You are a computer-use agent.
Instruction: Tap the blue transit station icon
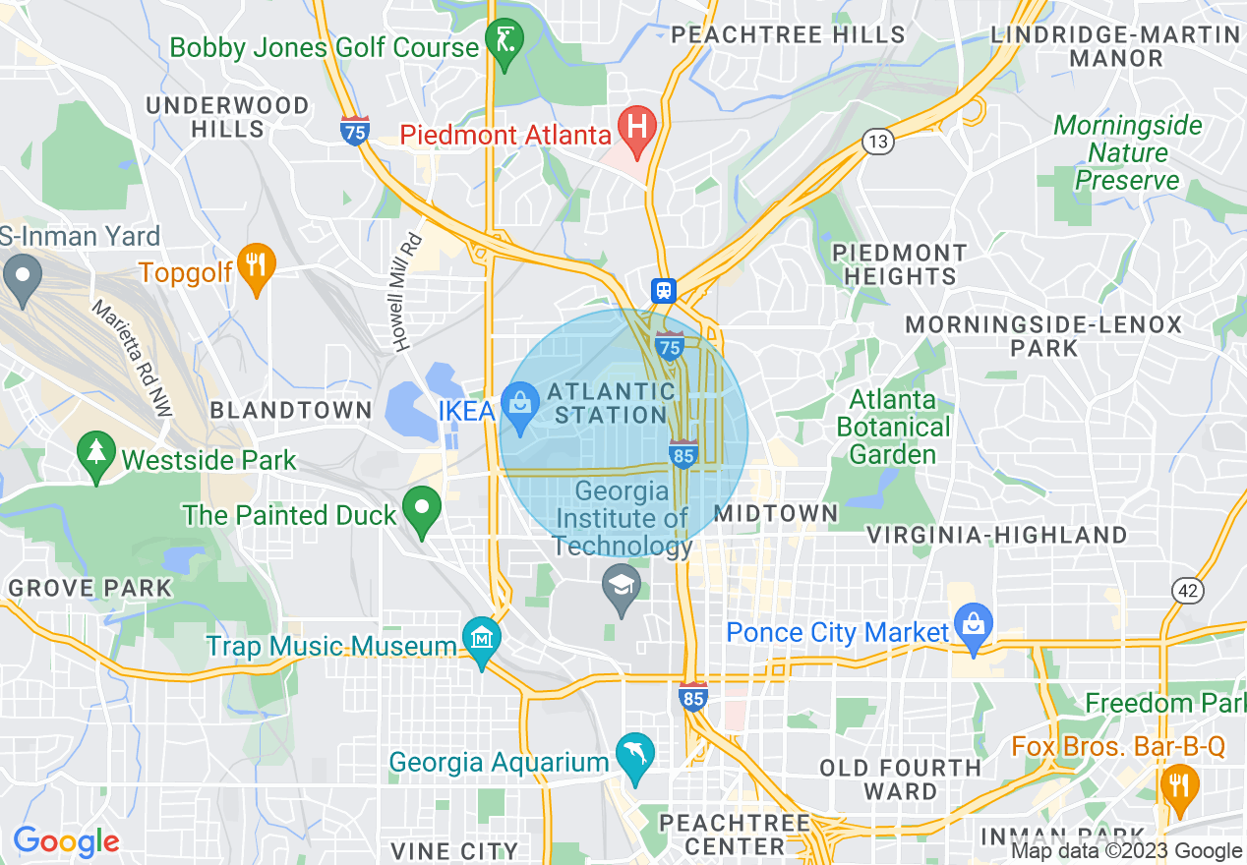click(x=664, y=290)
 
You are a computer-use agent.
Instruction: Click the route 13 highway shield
click(x=878, y=142)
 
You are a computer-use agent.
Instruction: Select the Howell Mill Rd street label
click(x=406, y=292)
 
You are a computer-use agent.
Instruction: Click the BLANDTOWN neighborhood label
click(x=291, y=411)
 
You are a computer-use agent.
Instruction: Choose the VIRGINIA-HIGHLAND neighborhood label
click(x=996, y=536)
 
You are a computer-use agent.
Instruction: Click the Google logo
click(x=66, y=841)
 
